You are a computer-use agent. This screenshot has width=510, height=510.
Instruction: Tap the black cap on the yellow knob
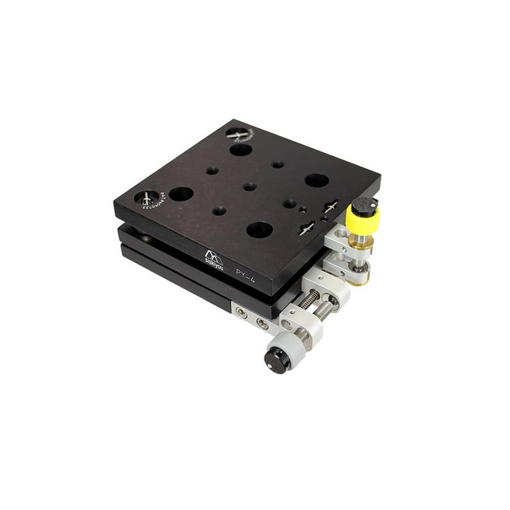(x=363, y=204)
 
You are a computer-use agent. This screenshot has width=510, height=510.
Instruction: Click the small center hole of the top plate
(x=249, y=186)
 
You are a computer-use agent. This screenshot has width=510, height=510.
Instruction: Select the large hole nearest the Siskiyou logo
(x=259, y=230)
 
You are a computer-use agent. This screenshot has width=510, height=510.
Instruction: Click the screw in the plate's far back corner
(x=237, y=135)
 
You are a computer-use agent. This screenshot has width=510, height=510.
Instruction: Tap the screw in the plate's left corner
(x=148, y=197)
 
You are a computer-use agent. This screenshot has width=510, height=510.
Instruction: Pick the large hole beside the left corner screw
(x=181, y=194)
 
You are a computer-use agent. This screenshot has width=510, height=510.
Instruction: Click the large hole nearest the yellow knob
(x=316, y=180)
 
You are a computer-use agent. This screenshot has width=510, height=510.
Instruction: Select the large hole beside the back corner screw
(x=241, y=149)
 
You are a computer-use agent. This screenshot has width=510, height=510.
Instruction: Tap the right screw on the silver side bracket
(x=261, y=324)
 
